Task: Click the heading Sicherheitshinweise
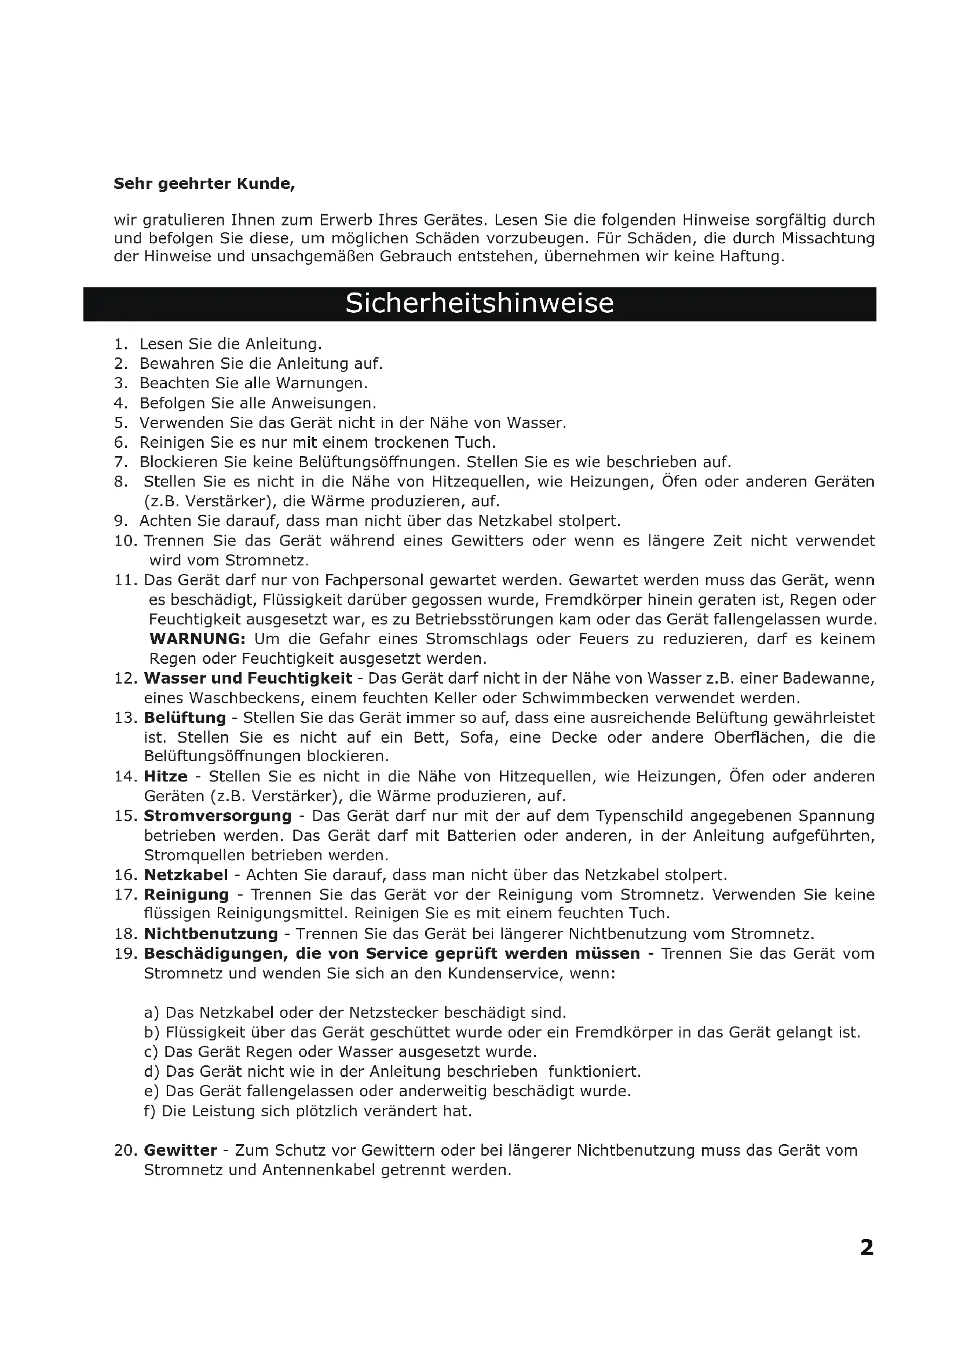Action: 479,304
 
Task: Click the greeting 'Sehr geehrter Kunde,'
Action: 204,184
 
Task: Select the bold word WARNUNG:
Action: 197,638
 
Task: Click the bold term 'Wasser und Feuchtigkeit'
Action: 248,678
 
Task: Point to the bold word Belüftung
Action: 185,718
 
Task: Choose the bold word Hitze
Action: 166,776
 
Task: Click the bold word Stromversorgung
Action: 218,816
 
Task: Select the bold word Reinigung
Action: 187,894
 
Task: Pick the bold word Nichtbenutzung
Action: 211,934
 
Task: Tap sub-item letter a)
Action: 152,1013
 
